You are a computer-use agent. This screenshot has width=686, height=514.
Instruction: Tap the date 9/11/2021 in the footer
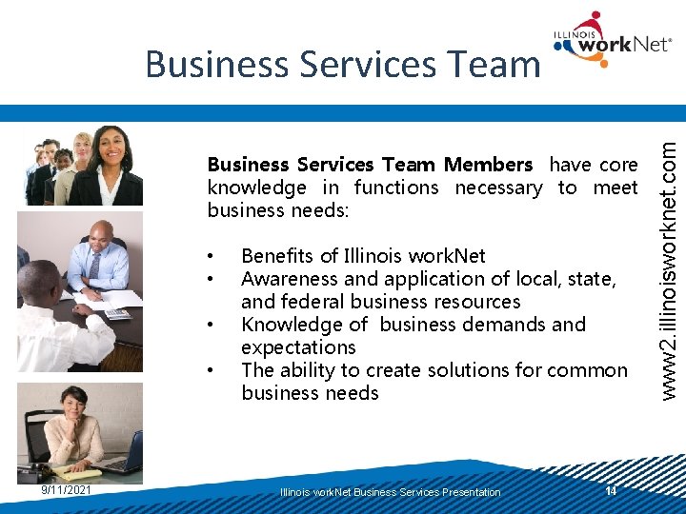(67, 490)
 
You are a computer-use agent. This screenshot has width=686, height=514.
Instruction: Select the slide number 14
(611, 490)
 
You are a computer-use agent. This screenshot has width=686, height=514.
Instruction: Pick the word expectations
(298, 347)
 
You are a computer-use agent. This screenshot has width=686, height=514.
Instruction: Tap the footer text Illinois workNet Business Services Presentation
(390, 492)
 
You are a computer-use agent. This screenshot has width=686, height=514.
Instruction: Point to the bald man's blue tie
(95, 264)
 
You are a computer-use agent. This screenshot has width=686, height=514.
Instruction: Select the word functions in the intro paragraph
(395, 188)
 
